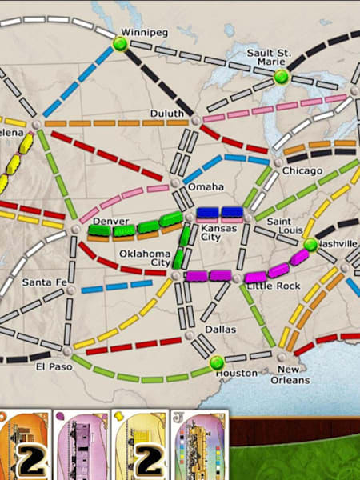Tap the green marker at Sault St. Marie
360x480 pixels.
[x=281, y=77]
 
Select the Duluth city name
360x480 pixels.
[x=167, y=114]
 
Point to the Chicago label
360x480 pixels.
[x=302, y=171]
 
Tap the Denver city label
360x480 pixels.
[x=110, y=221]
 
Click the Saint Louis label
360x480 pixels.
[x=283, y=226]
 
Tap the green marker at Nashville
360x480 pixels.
[x=310, y=244]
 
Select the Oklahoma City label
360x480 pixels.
[x=145, y=258]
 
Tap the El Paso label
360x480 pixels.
[x=51, y=367]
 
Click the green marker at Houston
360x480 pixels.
[x=217, y=363]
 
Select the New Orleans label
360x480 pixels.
[x=293, y=374]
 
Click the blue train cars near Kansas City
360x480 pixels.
[x=220, y=213]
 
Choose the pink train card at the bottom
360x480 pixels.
[x=84, y=446]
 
